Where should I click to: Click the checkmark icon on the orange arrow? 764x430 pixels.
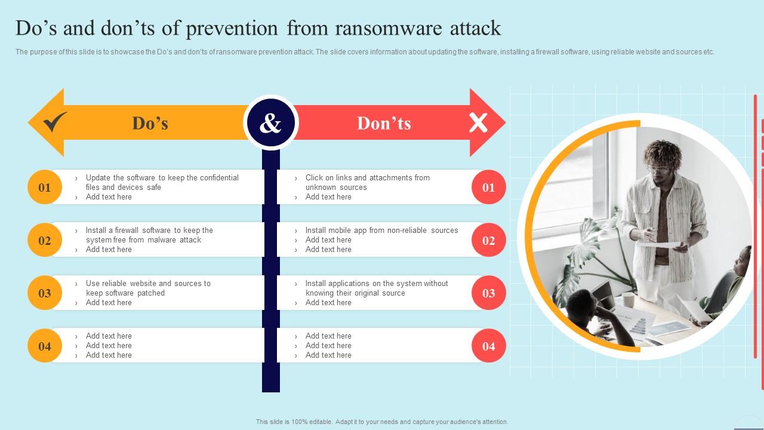(55, 122)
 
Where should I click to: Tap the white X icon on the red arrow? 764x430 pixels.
(478, 123)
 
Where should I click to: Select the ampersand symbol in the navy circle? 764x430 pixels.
(270, 123)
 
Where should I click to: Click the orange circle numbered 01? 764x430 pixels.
(45, 188)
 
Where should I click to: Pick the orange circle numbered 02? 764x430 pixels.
(45, 241)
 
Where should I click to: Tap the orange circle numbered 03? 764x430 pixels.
(45, 293)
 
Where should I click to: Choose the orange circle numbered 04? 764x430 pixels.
(45, 346)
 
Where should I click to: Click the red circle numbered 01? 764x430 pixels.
(489, 188)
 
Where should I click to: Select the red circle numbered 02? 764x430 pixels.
(489, 241)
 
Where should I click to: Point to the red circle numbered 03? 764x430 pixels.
(489, 293)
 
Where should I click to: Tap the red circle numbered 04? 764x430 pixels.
(489, 346)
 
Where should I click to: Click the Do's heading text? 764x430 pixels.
(150, 123)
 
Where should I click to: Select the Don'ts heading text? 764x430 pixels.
(384, 123)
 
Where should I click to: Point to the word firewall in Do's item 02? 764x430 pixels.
(129, 231)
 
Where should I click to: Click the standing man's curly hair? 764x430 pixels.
(661, 153)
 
